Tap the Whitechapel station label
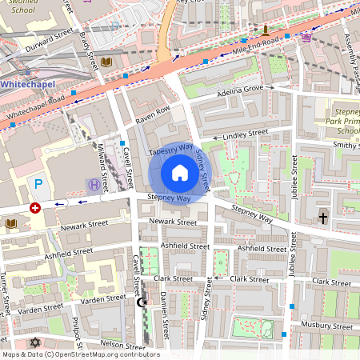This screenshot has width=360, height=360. (x=27, y=82)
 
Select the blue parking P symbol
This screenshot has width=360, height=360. (x=38, y=184)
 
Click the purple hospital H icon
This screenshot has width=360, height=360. (x=94, y=185)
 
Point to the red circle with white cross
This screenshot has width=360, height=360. (x=34, y=207)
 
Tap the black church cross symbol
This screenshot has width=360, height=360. (x=323, y=218)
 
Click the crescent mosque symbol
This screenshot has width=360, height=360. (x=142, y=302)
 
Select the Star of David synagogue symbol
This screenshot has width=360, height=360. (x=34, y=342)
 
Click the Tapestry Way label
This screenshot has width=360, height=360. (x=170, y=150)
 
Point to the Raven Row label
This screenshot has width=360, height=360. (x=153, y=115)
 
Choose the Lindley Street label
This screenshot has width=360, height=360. (x=246, y=137)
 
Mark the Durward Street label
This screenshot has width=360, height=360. (x=47, y=38)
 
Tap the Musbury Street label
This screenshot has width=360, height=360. (x=326, y=326)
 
